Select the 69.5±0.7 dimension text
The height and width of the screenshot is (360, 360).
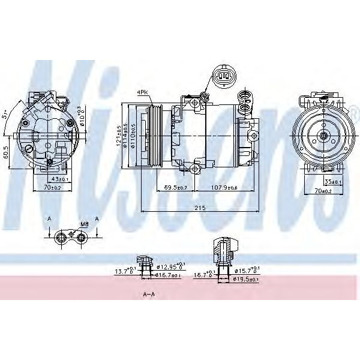[175, 188]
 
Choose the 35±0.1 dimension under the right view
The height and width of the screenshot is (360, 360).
[333, 182]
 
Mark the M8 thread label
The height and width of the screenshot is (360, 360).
[85, 224]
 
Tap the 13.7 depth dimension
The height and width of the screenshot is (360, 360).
[124, 272]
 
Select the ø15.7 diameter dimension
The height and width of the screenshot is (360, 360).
[247, 271]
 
